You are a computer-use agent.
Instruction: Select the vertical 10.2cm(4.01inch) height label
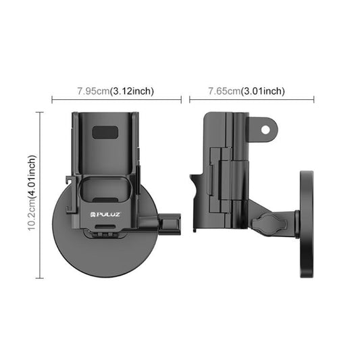pos(32,194)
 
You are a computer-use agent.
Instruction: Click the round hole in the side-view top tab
pos(266,127)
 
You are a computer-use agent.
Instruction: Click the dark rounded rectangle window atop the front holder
pos(103,132)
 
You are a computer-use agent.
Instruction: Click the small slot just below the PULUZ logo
pos(105,231)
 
